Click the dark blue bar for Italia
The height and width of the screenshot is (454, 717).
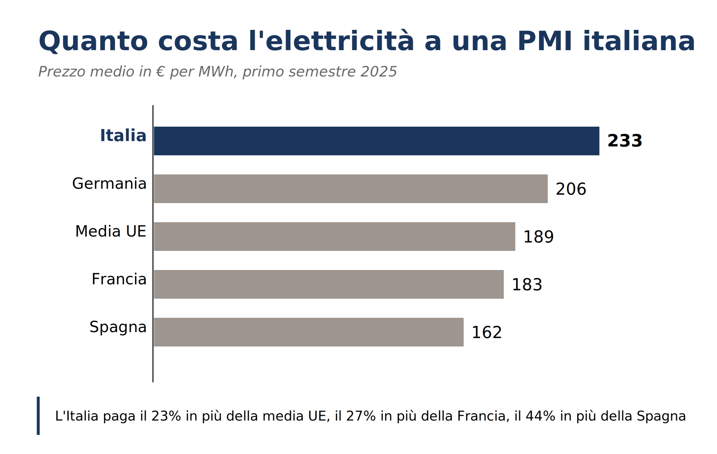coord(376,141)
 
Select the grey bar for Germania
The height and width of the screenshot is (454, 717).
coord(351,189)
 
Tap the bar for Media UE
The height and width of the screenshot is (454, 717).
coord(335,237)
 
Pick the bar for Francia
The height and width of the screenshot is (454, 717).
coord(329,284)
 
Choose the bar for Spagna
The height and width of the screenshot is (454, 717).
coord(309,332)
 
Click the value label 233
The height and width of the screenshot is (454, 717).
coord(625,141)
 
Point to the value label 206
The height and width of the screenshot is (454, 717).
coord(571,189)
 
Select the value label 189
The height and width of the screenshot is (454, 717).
coord(538,237)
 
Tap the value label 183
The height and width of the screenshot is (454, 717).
coord(527,285)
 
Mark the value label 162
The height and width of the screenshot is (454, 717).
coord(486,333)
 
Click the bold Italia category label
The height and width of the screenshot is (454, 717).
coord(123,135)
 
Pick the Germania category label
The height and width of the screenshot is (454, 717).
coord(109,184)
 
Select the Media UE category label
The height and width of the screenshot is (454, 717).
coord(111,231)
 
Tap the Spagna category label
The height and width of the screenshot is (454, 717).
coord(118,327)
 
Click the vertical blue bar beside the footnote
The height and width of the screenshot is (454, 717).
coord(38,416)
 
